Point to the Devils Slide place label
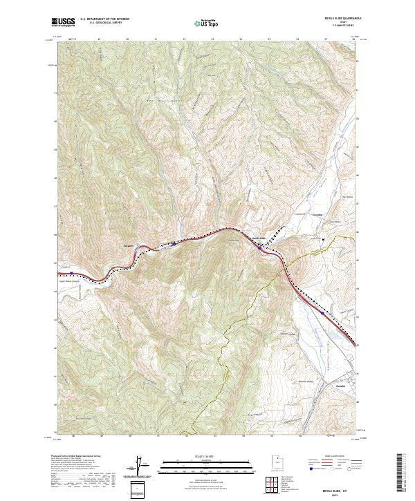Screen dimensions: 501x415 [258, 240]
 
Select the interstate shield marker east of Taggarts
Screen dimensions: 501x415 [174, 243]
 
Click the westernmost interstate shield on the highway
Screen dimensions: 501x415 [70, 273]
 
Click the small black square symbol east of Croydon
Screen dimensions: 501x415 [323, 240]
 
